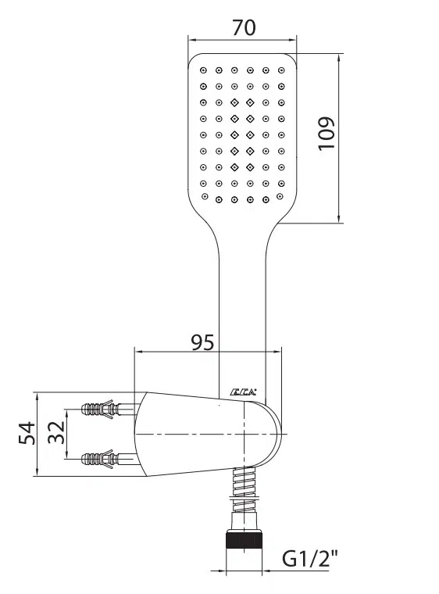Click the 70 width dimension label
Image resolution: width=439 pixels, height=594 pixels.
click(x=244, y=27)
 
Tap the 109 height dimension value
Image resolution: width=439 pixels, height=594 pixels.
click(x=326, y=134)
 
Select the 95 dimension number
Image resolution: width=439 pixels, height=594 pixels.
click(x=202, y=342)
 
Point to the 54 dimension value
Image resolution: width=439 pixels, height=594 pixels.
click(x=27, y=433)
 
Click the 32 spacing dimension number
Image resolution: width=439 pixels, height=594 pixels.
click(x=56, y=432)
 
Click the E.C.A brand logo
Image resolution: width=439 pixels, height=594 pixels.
click(x=243, y=392)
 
